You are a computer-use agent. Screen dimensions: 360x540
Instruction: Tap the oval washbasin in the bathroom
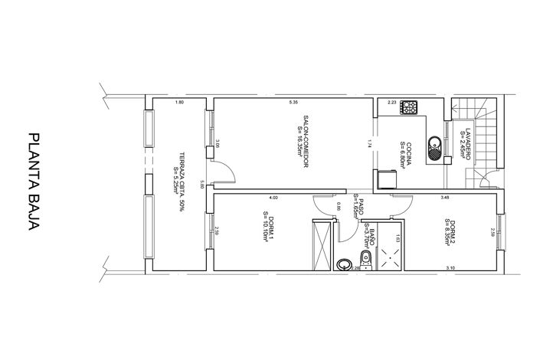pos(345,264)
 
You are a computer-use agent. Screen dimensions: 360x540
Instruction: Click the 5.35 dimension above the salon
pos(293,102)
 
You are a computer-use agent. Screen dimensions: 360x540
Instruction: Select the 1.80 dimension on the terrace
pos(179,102)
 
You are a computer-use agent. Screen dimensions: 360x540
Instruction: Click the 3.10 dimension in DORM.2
pos(450,267)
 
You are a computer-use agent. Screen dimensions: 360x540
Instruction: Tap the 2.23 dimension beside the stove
pos(391,102)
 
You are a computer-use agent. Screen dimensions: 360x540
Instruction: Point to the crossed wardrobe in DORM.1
pos(324,244)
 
